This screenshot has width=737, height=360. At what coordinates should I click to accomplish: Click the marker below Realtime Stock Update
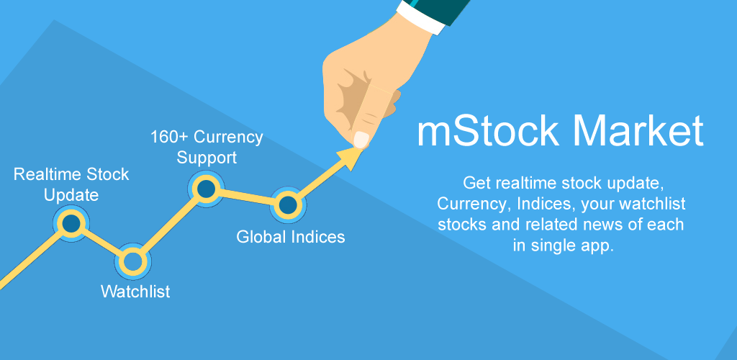point(71,224)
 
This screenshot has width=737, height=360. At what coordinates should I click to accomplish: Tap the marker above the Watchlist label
point(132,261)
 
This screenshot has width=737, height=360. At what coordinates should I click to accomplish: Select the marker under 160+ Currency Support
point(207,189)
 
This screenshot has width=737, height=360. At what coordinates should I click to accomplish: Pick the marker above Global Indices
point(287,205)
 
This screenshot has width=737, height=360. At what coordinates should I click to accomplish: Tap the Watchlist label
point(135,292)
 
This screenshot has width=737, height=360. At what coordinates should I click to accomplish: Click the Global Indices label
point(291,236)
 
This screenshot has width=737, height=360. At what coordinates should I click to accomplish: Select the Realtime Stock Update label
point(71,184)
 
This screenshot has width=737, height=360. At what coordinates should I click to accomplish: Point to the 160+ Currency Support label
point(207,146)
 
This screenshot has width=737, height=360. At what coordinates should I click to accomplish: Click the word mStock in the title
point(487,131)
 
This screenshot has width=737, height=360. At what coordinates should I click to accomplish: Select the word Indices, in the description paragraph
point(538,202)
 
